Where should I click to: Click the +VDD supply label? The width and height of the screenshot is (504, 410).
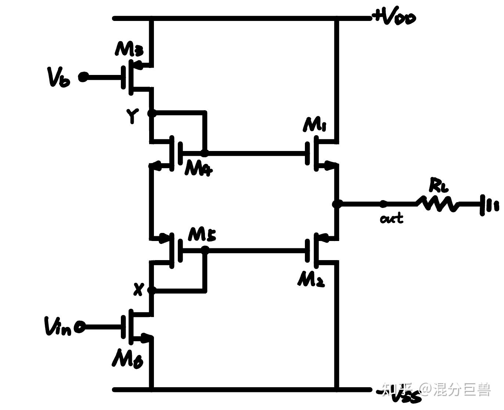pyautogui.click(x=394, y=17)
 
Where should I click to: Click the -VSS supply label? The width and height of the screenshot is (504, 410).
pyautogui.click(x=399, y=394)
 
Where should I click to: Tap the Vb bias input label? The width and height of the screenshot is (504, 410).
pyautogui.click(x=58, y=77)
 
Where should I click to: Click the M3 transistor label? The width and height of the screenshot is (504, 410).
pyautogui.click(x=129, y=49)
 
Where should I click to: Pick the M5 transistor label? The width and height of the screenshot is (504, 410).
pyautogui.click(x=202, y=234)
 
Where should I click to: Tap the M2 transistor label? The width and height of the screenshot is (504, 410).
pyautogui.click(x=311, y=280)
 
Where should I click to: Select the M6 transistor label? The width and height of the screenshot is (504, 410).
pyautogui.click(x=127, y=358)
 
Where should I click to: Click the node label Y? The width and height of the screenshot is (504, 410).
pyautogui.click(x=133, y=116)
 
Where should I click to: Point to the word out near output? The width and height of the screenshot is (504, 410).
pyautogui.click(x=392, y=219)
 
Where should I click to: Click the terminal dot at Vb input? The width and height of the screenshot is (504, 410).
pyautogui.click(x=84, y=77)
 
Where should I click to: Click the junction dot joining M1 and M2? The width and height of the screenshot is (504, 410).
pyautogui.click(x=336, y=204)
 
